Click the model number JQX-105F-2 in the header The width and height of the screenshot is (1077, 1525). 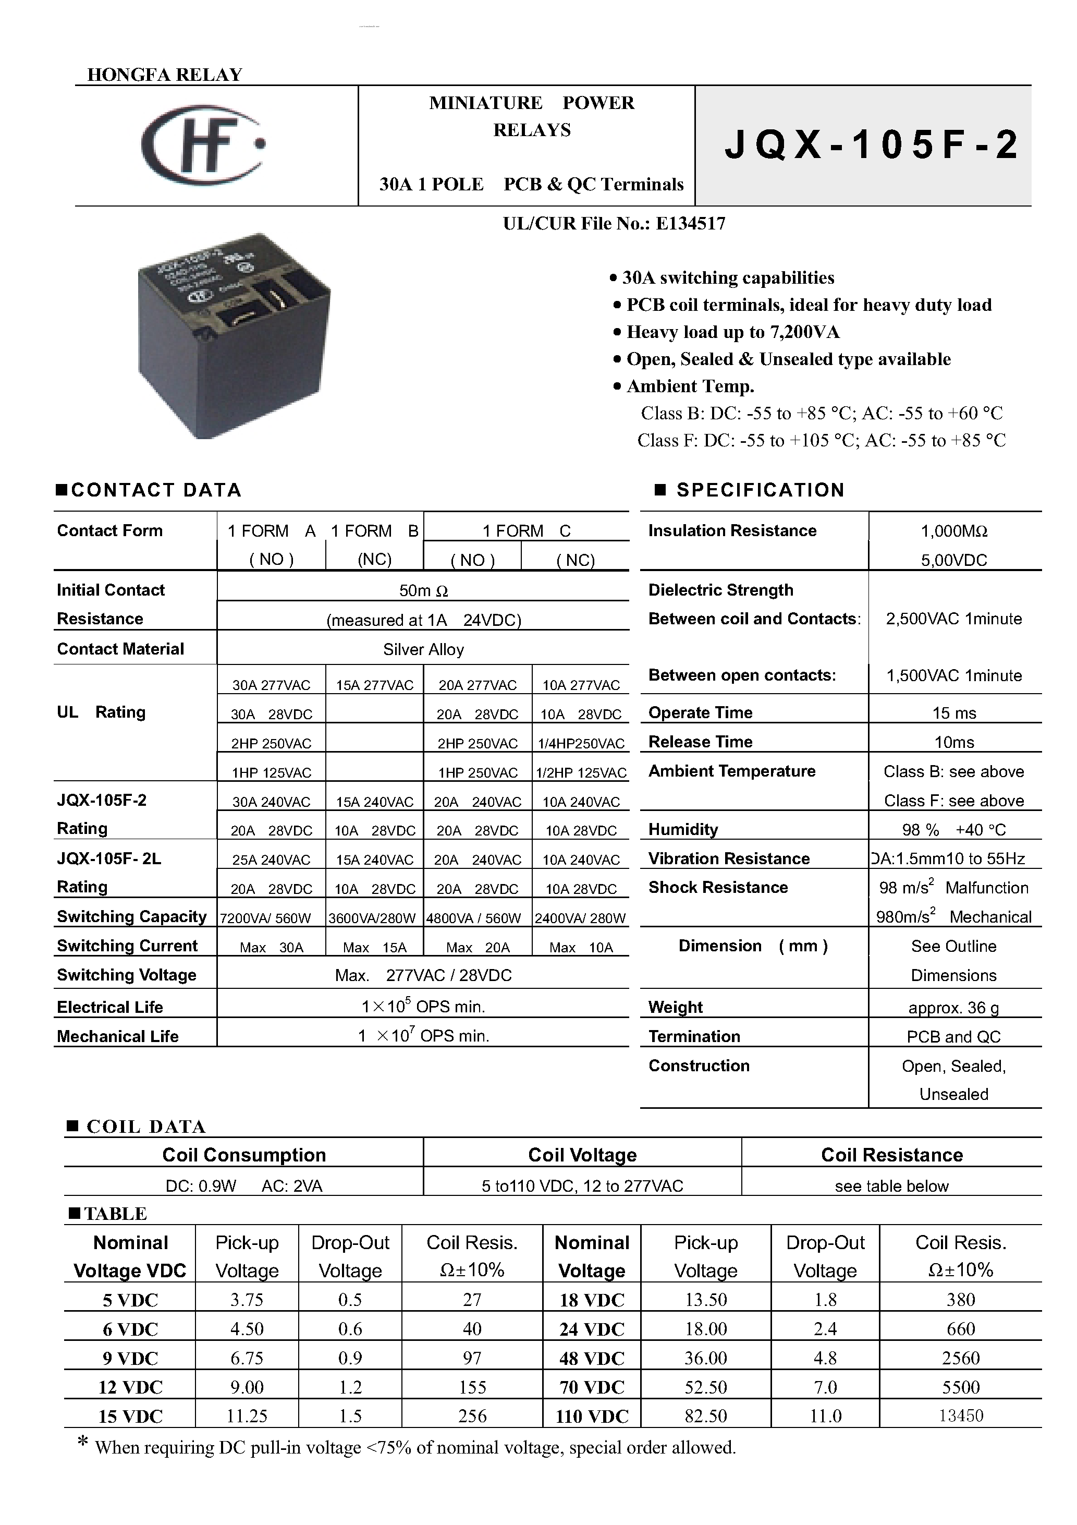tap(871, 146)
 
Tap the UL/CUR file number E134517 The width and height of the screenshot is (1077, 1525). tap(614, 224)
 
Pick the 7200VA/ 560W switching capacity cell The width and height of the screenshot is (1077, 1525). tap(265, 918)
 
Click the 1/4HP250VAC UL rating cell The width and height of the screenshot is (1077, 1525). tap(581, 744)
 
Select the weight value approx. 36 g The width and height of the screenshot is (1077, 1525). tap(953, 1008)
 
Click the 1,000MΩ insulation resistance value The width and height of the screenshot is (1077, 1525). tap(954, 531)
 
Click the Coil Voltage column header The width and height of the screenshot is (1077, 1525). tap(582, 1155)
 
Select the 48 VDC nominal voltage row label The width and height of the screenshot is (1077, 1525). tap(592, 1358)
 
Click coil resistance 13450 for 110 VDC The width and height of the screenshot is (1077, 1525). tap(960, 1416)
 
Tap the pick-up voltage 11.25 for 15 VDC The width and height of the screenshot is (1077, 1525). tap(247, 1417)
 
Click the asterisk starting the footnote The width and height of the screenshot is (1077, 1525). tap(83, 1443)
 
